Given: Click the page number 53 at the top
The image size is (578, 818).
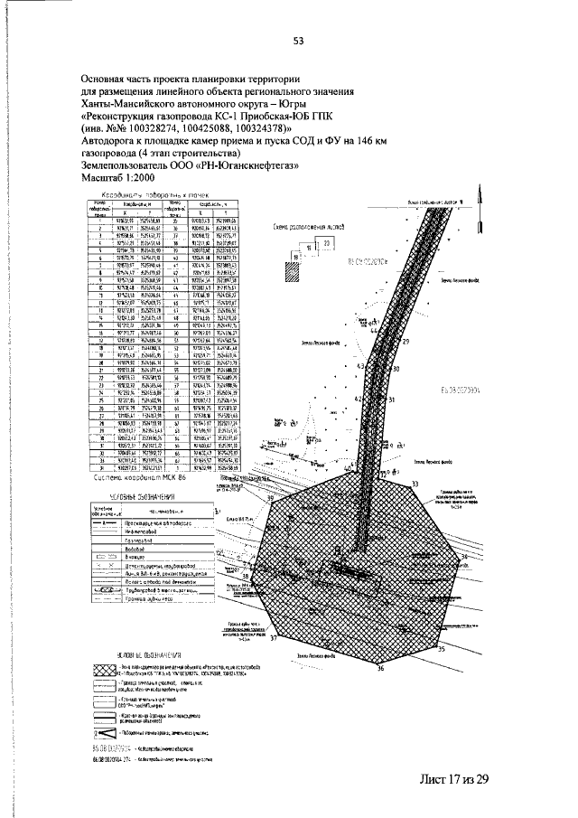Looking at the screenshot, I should point(297,39).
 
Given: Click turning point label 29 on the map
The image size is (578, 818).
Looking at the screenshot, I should point(406,343).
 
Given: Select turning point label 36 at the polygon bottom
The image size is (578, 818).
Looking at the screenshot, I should point(381,669).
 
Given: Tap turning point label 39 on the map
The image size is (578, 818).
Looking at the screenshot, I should point(269,498).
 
